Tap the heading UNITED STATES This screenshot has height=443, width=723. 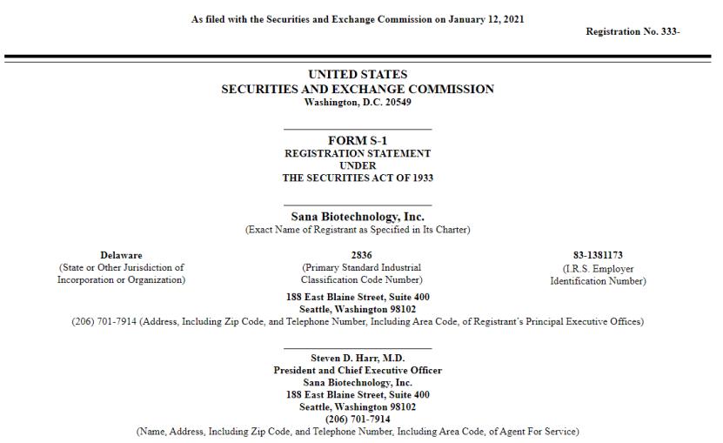(358, 75)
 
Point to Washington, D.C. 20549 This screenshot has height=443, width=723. (358, 102)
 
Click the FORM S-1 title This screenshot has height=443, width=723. (358, 140)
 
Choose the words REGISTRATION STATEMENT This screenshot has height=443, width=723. (358, 153)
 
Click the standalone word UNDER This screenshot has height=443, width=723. (358, 165)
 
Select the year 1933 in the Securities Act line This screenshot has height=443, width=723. (420, 178)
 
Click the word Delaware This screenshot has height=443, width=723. (121, 255)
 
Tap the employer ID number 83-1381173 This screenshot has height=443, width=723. (598, 255)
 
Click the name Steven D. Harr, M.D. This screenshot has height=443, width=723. (358, 358)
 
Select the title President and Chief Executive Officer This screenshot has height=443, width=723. (358, 370)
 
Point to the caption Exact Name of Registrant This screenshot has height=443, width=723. (358, 230)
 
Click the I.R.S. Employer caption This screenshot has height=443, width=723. (598, 269)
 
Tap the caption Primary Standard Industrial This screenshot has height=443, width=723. (361, 267)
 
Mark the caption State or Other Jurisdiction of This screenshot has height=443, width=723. (121, 267)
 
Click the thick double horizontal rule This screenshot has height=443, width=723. (361, 57)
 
